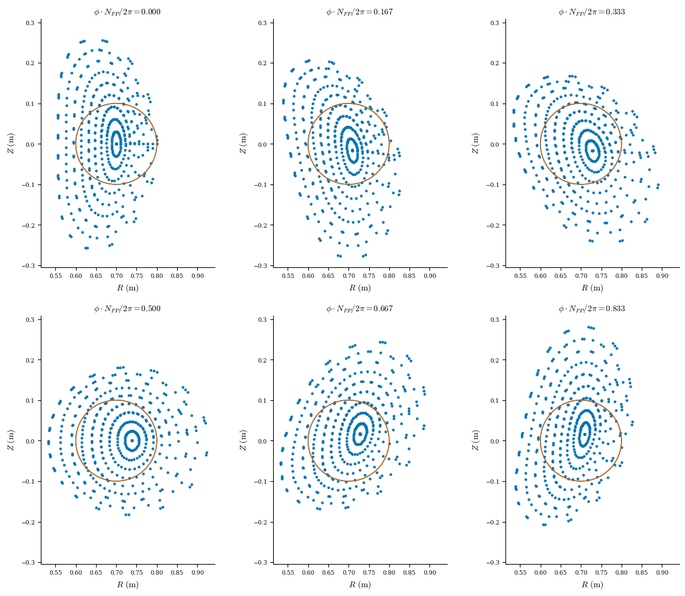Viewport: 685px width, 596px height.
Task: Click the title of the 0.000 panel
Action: [x=127, y=12]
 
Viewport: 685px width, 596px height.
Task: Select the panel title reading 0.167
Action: [x=360, y=12]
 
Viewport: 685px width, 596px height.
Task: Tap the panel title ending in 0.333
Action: [x=592, y=12]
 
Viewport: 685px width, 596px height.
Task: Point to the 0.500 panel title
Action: [x=127, y=309]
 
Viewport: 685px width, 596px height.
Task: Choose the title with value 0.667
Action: [x=360, y=309]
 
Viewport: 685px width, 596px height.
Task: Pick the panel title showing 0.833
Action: [x=592, y=309]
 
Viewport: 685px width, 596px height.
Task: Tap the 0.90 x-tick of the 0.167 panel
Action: [x=429, y=275]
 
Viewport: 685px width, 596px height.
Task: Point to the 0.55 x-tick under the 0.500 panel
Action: [x=55, y=572]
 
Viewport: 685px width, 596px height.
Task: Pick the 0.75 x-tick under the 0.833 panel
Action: [x=601, y=572]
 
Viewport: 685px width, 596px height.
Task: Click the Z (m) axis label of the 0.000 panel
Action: [x=11, y=144]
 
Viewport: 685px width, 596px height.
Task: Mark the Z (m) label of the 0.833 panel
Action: [x=475, y=440]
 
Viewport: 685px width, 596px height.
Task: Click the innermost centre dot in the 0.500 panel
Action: [x=132, y=440]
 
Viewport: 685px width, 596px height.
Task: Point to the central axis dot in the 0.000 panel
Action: [x=116, y=144]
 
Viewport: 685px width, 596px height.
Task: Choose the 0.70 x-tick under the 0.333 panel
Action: [x=581, y=275]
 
